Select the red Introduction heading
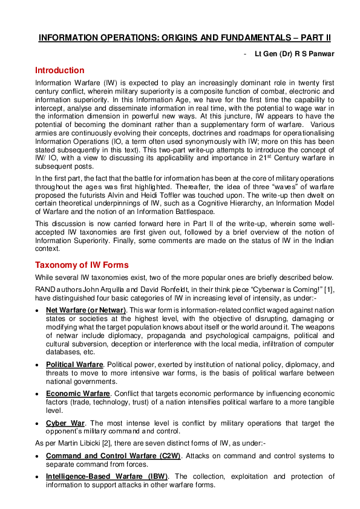pyautogui.click(x=60, y=70)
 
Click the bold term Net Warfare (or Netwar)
pyautogui.click(x=86, y=310)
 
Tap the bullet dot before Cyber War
pyautogui.click(x=38, y=422)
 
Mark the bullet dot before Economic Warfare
pyautogui.click(x=38, y=393)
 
